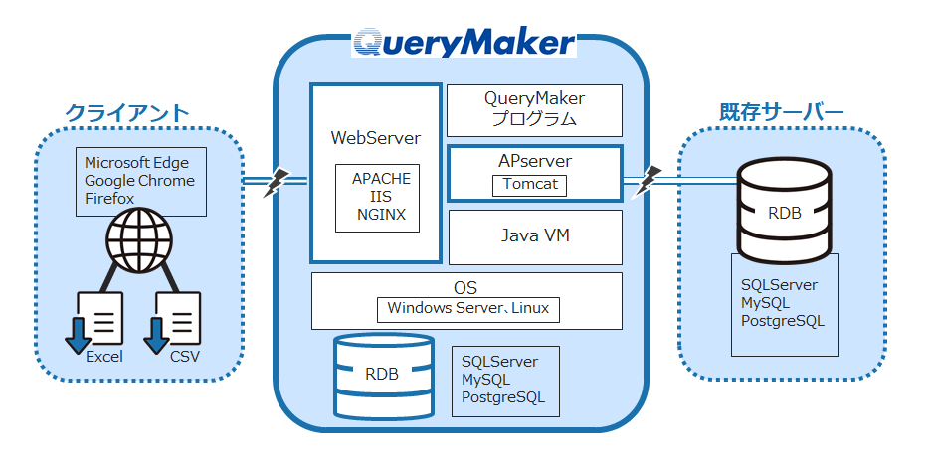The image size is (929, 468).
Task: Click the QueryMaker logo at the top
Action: click(x=464, y=42)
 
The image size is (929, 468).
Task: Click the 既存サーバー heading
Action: click(x=782, y=112)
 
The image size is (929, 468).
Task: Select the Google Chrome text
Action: click(x=139, y=181)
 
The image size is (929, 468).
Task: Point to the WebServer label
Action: click(x=375, y=138)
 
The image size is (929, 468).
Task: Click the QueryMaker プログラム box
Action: click(x=534, y=109)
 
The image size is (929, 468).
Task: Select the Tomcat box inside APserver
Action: click(x=530, y=185)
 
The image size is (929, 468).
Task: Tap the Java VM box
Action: click(x=534, y=235)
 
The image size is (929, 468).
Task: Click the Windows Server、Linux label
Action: click(x=467, y=308)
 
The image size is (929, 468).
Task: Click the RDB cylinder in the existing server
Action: click(x=783, y=212)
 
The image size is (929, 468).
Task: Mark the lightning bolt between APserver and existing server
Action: click(x=649, y=180)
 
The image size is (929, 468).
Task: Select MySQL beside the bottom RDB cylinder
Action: click(x=485, y=380)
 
